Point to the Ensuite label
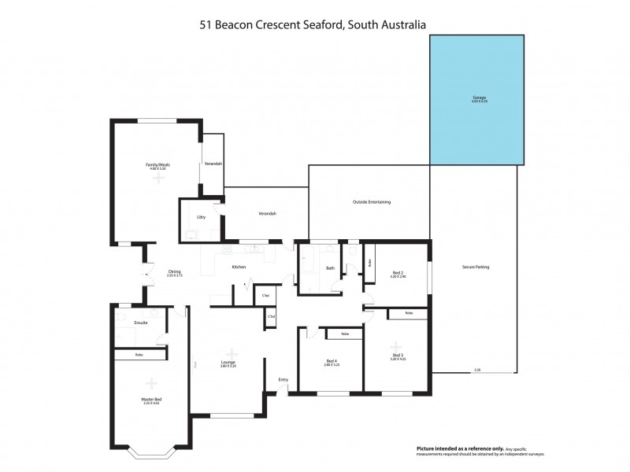coord(142,323)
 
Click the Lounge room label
coord(228,363)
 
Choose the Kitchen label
coord(239,267)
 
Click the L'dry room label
coord(201,216)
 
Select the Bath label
coord(331,268)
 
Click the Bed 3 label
coord(398,356)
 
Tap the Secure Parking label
coord(476,267)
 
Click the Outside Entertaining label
coord(372,202)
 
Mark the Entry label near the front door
coord(283,380)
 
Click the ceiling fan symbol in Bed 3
coord(395,345)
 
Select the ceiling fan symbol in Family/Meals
coord(160,179)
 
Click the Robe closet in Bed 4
coord(345,334)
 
